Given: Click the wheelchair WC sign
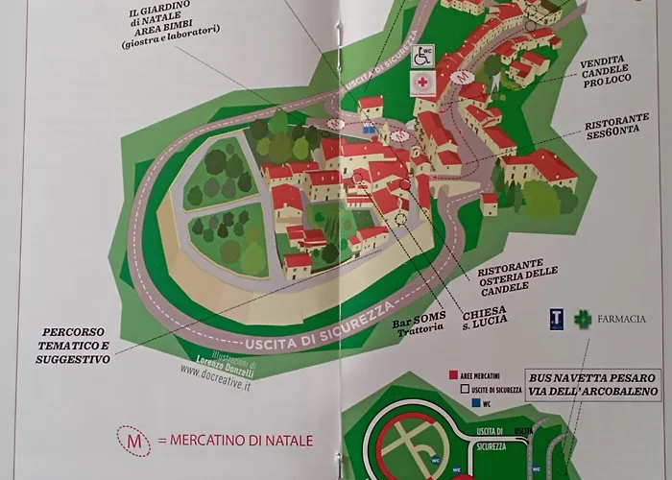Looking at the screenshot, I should pos(422,57).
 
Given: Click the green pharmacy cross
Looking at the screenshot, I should pos(582,319).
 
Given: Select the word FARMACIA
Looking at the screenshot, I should pos(622,319).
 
